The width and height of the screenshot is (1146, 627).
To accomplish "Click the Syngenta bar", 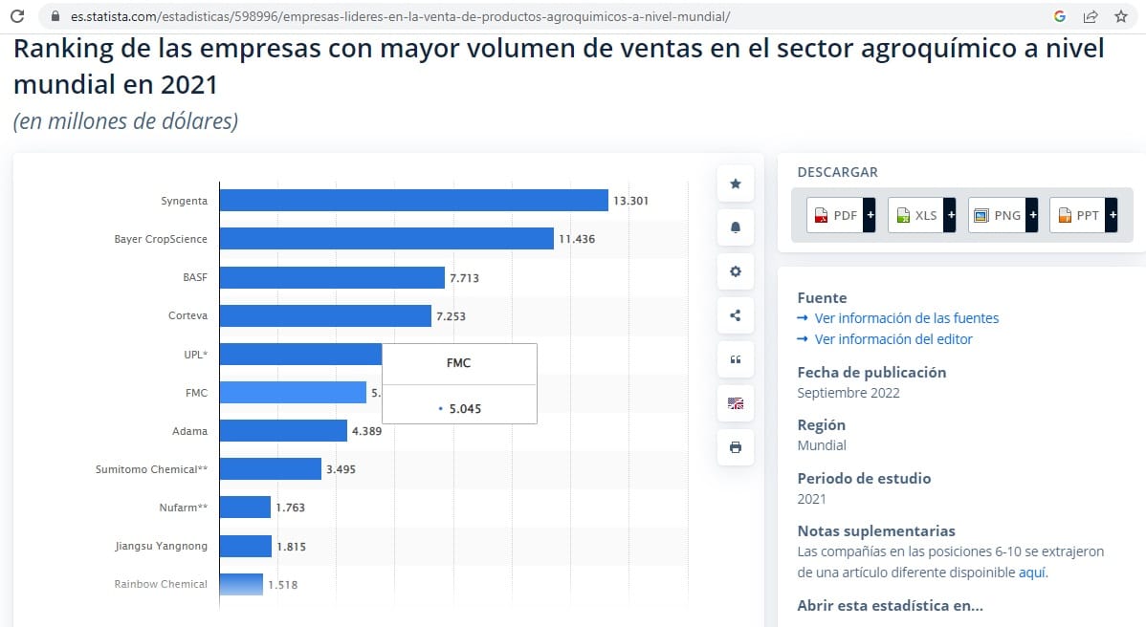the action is (413, 200).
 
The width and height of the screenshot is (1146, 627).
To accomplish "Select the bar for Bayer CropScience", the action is (386, 239).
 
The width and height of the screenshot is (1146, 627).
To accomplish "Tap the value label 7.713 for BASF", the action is (464, 278).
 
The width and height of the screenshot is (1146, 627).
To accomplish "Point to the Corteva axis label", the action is (187, 315).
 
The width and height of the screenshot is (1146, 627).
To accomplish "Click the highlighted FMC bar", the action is (293, 392).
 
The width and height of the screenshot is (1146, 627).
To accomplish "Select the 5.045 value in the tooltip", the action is (465, 409).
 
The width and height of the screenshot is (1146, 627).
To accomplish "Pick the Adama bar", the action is (283, 431).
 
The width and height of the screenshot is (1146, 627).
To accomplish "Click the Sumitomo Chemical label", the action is (151, 469).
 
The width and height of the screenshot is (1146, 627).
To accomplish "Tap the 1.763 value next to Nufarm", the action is (290, 508).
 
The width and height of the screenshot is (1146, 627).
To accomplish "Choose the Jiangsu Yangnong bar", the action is (246, 545).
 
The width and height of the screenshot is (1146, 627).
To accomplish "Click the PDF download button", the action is (841, 215).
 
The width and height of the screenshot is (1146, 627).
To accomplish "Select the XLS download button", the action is (921, 215).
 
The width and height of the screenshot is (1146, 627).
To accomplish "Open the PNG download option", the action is (1003, 215).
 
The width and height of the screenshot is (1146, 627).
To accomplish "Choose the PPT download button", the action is (1083, 215).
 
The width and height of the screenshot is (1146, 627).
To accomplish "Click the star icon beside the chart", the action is (736, 184).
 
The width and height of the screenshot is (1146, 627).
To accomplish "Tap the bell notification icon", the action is (736, 227).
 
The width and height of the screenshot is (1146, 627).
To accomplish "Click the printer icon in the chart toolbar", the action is (736, 446).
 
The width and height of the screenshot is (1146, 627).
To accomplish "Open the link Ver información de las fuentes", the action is (906, 318).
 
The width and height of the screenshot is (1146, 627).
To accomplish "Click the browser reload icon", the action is (17, 16).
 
